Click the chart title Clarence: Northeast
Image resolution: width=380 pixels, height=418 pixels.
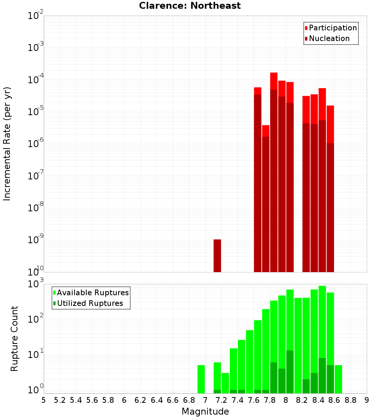190,6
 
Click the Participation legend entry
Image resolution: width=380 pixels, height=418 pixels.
333,28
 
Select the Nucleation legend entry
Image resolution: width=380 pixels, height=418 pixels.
329,38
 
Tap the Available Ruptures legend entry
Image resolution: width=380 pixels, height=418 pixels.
93,293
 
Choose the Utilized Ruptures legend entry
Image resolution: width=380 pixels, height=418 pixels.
90,303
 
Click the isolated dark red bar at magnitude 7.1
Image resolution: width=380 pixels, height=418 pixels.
217,256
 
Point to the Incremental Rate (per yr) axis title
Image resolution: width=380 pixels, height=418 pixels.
7,144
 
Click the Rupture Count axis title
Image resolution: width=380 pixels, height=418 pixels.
14,339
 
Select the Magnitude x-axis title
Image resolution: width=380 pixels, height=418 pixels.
205,412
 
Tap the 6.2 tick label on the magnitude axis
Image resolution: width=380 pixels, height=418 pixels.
141,400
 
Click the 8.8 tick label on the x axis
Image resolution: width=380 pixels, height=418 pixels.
350,400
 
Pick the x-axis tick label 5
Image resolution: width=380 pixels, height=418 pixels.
44,400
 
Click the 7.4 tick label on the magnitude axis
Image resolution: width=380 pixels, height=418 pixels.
237,400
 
